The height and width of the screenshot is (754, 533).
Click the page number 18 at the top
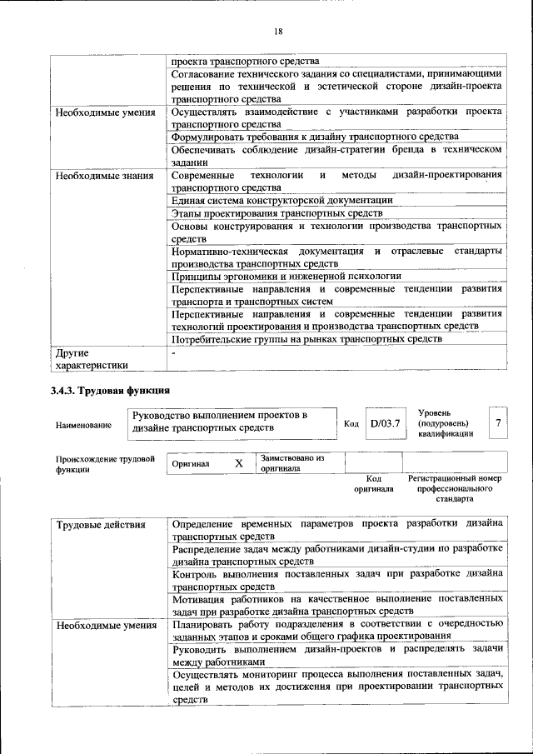click(277, 32)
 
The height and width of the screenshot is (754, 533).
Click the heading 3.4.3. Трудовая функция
click(111, 390)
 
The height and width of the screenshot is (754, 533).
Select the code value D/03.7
click(386, 423)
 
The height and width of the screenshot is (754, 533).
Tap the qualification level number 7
click(497, 423)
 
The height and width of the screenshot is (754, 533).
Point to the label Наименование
click(83, 426)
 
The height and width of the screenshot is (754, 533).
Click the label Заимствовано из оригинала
click(291, 463)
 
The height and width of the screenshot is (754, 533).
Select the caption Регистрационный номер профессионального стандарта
click(455, 488)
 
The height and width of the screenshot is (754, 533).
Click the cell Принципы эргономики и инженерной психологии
click(286, 275)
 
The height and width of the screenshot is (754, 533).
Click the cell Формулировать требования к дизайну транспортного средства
click(315, 136)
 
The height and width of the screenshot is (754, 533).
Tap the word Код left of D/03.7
click(351, 424)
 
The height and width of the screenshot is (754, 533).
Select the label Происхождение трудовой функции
click(105, 463)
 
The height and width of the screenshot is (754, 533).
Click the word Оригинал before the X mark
click(191, 464)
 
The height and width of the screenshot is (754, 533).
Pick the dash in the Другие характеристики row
click(173, 353)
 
